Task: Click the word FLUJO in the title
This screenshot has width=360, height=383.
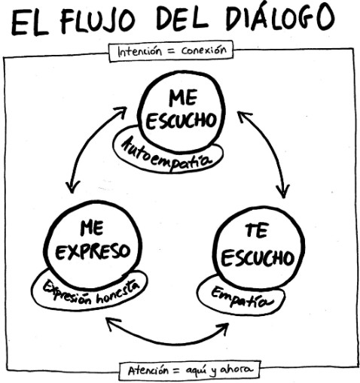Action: pyautogui.click(x=98, y=21)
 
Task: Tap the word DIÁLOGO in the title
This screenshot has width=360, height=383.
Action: pyautogui.click(x=279, y=17)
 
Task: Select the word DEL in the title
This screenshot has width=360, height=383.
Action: pyautogui.click(x=182, y=19)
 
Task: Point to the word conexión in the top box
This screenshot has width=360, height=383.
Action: pyautogui.click(x=204, y=50)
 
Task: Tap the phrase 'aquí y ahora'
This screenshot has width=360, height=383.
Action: pyautogui.click(x=220, y=370)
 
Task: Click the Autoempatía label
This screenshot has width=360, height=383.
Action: pyautogui.click(x=166, y=154)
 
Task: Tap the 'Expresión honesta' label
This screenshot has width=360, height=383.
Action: pyautogui.click(x=91, y=291)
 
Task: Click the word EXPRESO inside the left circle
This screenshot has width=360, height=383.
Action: pyautogui.click(x=93, y=251)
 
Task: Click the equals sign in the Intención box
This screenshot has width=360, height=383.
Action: pyautogui.click(x=172, y=51)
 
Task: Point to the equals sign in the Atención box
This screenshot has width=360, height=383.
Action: pyautogui.click(x=177, y=370)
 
